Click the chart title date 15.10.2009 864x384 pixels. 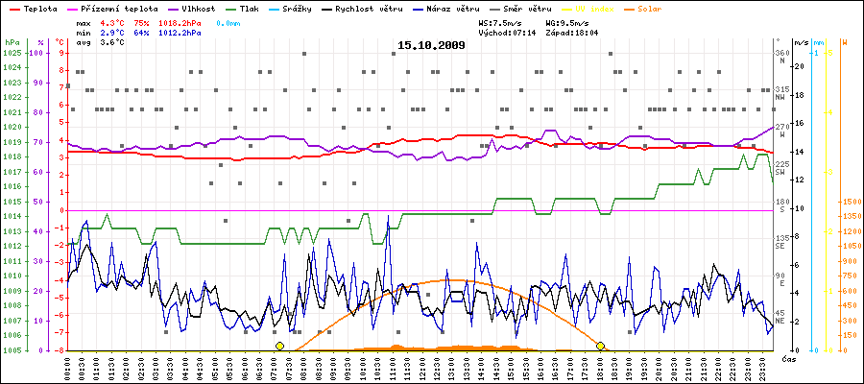(431, 45)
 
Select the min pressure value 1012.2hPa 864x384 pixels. (180, 32)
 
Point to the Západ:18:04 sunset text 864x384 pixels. (572, 32)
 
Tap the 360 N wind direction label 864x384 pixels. (781, 57)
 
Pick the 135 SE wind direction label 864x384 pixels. (781, 241)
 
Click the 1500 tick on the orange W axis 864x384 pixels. (849, 202)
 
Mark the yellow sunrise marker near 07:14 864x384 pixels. (279, 346)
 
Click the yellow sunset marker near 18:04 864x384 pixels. (601, 346)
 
